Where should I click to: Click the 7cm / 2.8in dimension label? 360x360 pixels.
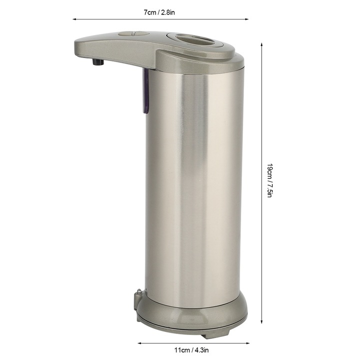[x=159, y=12]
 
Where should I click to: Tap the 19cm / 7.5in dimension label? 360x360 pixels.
[x=270, y=180]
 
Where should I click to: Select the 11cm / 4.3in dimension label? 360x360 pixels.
[x=191, y=350]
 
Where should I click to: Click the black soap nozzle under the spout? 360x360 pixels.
[x=98, y=62]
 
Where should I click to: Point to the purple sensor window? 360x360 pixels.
[x=145, y=91]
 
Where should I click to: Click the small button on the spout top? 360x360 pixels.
[x=133, y=34]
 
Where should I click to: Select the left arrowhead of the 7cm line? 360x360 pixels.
[x=74, y=19]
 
